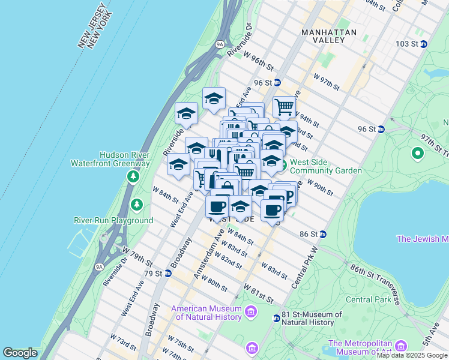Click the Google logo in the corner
coord(20,353)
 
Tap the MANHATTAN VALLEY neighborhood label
coord(329,36)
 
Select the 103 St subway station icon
coord(423,44)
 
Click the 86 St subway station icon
coord(322,234)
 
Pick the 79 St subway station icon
coord(168,274)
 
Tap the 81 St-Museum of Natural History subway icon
coord(276,318)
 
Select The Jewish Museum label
coord(423,239)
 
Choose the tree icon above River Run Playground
coord(137,205)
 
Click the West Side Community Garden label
coord(326,166)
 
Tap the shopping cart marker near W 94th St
coord(285,107)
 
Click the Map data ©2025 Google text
coord(412,355)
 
